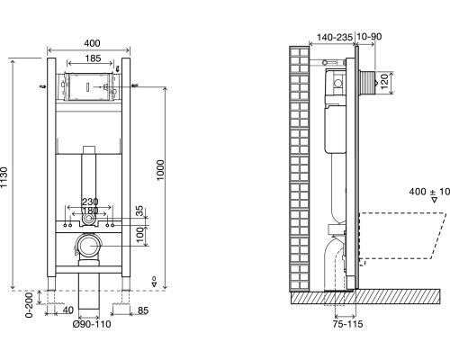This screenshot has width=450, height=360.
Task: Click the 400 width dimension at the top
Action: click(x=92, y=43)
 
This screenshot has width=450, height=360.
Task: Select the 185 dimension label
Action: click(x=93, y=58)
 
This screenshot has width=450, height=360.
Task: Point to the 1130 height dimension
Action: click(x=4, y=177)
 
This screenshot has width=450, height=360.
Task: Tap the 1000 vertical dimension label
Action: click(x=160, y=170)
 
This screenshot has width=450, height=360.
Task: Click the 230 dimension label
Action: click(x=90, y=202)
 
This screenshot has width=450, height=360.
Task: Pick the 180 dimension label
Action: click(x=90, y=211)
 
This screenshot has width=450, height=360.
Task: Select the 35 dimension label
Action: click(x=140, y=211)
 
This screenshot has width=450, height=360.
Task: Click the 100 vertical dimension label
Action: click(x=140, y=235)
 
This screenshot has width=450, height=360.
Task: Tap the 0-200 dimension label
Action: click(x=29, y=305)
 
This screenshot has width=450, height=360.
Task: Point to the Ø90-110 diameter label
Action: click(x=92, y=324)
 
